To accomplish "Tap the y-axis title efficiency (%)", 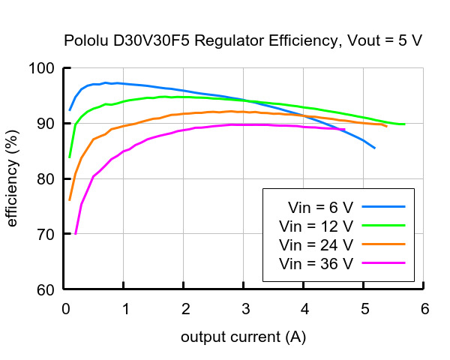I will click(x=13, y=179).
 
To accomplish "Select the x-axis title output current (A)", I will click(x=243, y=337).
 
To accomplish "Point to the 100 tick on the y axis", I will click(x=45, y=68).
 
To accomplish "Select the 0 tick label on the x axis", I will click(x=66, y=308).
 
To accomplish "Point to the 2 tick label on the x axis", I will click(x=185, y=308).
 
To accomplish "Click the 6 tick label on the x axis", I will click(x=424, y=308).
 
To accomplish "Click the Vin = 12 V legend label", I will click(x=316, y=225).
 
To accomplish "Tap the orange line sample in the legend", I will click(x=383, y=244).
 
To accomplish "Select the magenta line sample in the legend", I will click(x=383, y=263).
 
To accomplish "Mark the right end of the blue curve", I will click(x=375, y=148).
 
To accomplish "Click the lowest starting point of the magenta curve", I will click(x=75, y=234).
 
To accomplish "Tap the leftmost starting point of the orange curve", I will click(x=70, y=200).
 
